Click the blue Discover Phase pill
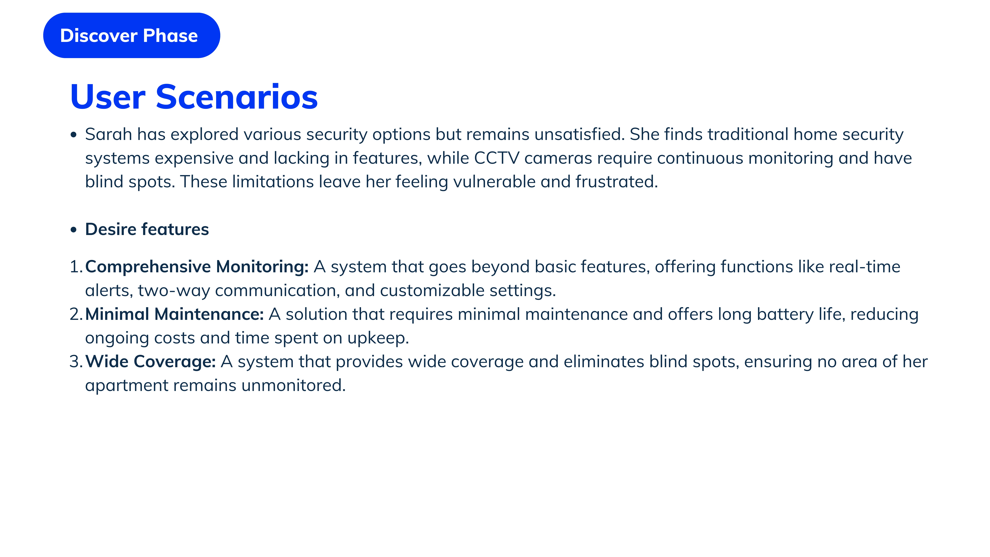pyautogui.click(x=132, y=35)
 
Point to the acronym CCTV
pyautogui.click(x=496, y=158)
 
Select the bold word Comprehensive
pyautogui.click(x=148, y=267)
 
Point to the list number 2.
pyautogui.click(x=76, y=314)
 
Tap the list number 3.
pyautogui.click(x=76, y=362)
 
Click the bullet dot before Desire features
pyautogui.click(x=74, y=230)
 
